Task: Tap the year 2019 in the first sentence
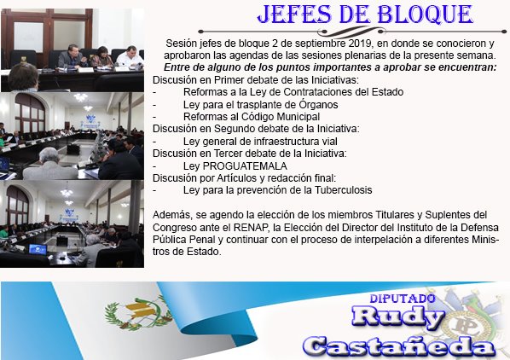tap(343, 43)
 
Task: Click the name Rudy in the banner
tap(397, 317)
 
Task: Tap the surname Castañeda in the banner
tap(400, 345)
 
